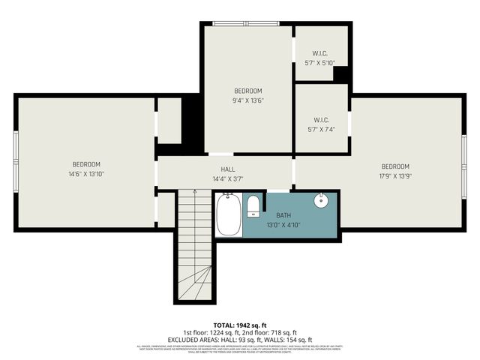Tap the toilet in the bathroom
253,205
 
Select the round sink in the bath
321,200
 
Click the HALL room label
227,169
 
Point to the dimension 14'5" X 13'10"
86,174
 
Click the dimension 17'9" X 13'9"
395,175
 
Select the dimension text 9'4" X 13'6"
247,100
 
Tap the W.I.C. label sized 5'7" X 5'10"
319,63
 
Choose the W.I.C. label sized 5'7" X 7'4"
319,129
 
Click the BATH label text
283,215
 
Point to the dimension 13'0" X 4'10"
283,224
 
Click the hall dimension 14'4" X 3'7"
227,178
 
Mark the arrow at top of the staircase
194,193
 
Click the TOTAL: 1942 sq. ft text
239,323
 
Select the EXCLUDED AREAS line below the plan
239,340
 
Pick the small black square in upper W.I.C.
340,73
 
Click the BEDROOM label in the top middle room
247,91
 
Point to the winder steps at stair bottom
195,285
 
